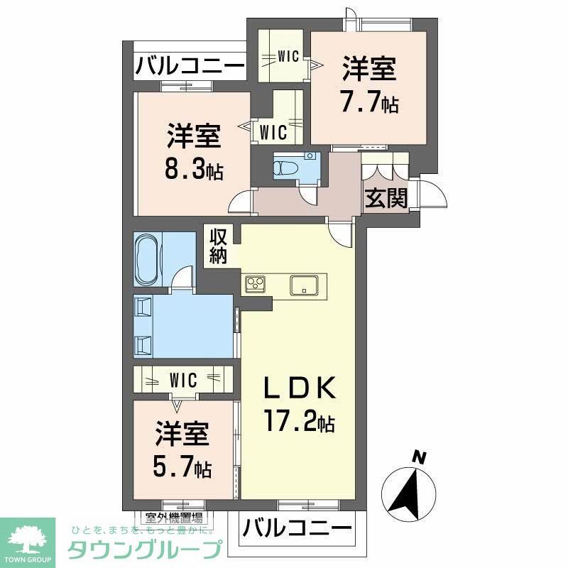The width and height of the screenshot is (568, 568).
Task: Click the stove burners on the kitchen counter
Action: click(256, 284)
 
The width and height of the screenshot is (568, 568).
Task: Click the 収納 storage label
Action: click(217, 246)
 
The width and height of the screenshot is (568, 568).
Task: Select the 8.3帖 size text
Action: click(191, 170)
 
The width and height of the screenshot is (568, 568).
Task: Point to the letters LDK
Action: click(298, 391)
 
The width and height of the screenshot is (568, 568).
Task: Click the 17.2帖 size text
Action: click(300, 424)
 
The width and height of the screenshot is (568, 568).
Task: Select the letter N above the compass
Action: click(420, 457)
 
